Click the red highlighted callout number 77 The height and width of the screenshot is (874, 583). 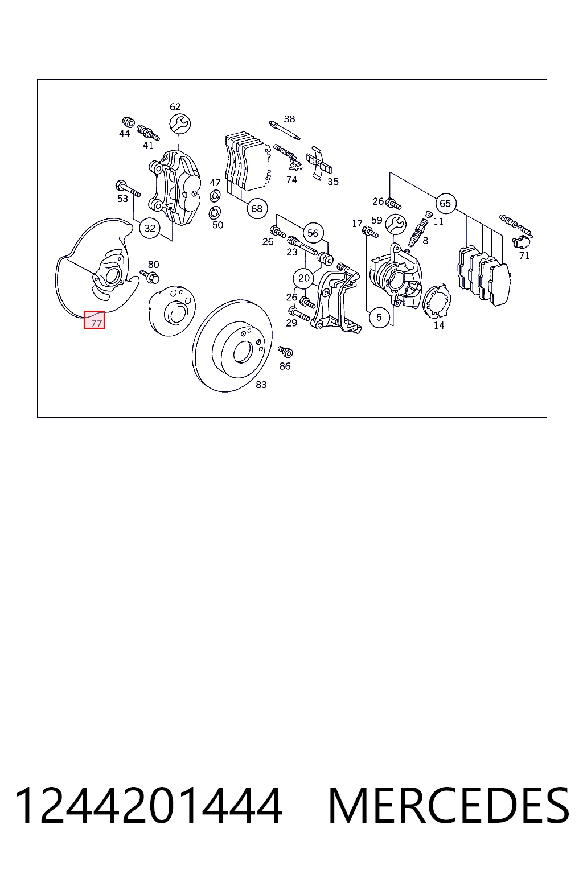(x=94, y=320)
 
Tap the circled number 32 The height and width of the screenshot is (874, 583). (x=150, y=228)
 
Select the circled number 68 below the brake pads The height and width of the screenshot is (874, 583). (x=257, y=209)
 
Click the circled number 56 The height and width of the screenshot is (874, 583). (x=313, y=233)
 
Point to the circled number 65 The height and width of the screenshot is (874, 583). (x=445, y=203)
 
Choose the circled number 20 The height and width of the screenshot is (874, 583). (x=304, y=278)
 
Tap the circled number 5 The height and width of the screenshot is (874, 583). (x=379, y=317)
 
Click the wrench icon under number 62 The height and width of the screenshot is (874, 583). (x=179, y=123)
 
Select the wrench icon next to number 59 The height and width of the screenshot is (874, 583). (x=396, y=224)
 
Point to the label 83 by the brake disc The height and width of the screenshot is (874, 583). (x=261, y=385)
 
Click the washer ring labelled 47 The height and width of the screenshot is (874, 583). (x=215, y=195)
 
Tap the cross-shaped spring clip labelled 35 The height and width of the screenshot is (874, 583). (x=319, y=163)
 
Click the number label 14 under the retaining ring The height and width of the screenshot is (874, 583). (x=439, y=325)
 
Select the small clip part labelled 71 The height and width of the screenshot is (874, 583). (x=522, y=241)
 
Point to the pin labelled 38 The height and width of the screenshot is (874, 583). (x=284, y=130)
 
